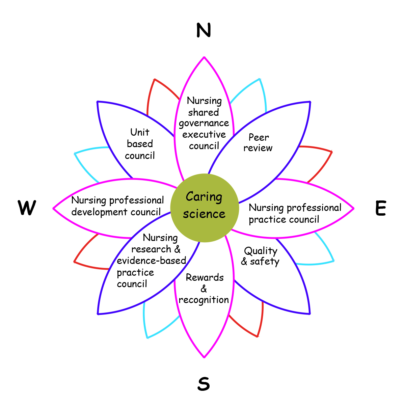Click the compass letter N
(204, 30)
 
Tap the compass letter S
(204, 383)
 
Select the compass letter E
(380, 208)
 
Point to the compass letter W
(27, 208)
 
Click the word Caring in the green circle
(204, 197)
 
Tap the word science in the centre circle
(204, 214)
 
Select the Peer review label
(258, 142)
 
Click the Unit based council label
(140, 144)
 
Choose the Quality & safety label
(260, 256)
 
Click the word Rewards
(205, 277)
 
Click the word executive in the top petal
(204, 134)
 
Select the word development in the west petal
(99, 212)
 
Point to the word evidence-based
(151, 261)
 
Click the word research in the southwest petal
(151, 249)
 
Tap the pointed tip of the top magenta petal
(204, 57)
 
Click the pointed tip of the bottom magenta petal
(204, 357)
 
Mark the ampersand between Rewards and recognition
(204, 289)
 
